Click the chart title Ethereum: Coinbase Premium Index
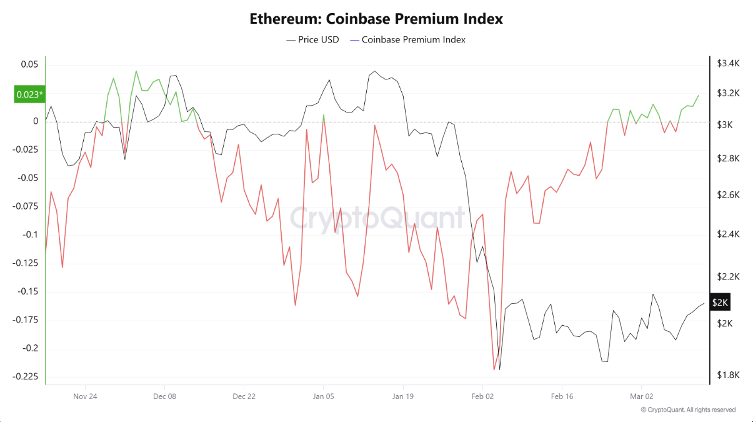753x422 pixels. pos(376,19)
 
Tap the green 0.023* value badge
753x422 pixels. pos(29,95)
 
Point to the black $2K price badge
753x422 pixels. pos(720,303)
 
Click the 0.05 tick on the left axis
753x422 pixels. pos(29,64)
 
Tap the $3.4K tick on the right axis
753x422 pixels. pos(728,63)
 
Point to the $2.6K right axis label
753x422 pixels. pos(728,195)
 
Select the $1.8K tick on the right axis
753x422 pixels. pos(728,375)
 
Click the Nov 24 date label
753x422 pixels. pos(85,396)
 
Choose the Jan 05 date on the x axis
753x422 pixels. pos(323,396)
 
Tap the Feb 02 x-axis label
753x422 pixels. pos(482,396)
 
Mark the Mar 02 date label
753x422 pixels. pos(641,396)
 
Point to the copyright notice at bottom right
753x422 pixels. pos(688,410)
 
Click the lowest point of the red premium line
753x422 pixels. pos(494,369)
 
